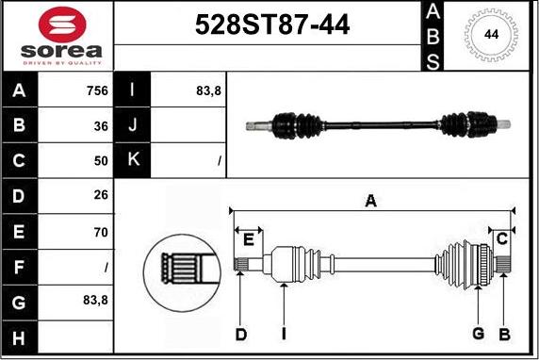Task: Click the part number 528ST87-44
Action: click(271, 26)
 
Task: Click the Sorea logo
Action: click(58, 35)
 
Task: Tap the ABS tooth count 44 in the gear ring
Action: click(491, 35)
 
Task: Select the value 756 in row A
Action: click(97, 91)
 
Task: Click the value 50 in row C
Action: click(101, 161)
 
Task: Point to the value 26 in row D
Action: click(101, 196)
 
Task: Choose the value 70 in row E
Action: click(101, 231)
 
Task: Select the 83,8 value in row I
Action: click(208, 91)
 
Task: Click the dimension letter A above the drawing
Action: click(371, 200)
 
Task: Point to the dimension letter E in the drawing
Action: click(248, 239)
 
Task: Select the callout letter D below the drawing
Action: click(241, 334)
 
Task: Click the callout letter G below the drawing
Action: click(478, 334)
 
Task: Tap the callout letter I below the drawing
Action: click(283, 334)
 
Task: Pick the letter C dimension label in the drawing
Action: click(502, 238)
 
